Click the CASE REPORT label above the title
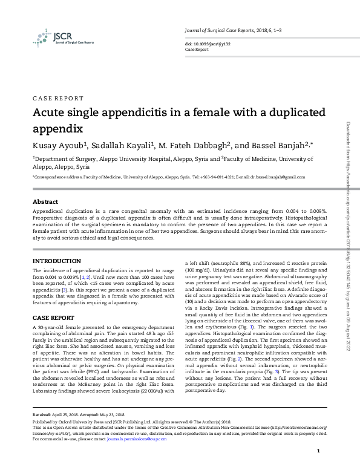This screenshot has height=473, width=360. [x=57, y=98]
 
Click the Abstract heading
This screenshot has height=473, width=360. [x=45, y=201]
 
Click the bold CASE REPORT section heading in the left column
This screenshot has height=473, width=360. [x=53, y=318]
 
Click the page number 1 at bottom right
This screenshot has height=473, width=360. [x=318, y=451]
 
